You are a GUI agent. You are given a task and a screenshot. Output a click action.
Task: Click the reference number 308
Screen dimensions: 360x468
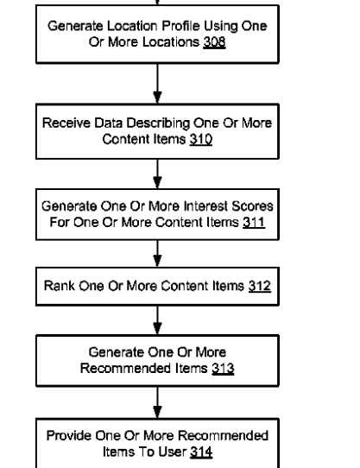tap(214, 42)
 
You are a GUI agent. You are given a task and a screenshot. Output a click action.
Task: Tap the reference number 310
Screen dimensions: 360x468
tap(201, 139)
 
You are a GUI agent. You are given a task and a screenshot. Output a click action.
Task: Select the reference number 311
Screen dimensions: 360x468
tap(254, 223)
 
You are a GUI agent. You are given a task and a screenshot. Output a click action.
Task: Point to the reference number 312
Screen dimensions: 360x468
tap(260, 286)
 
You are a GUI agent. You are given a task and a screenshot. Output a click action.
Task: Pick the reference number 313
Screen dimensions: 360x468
tap(223, 369)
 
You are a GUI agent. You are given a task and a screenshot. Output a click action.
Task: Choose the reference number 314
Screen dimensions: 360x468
tap(201, 452)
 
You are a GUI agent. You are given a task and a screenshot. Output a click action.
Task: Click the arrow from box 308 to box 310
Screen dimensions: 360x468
tap(158, 84)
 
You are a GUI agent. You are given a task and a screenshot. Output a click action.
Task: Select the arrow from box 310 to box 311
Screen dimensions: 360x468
tap(158, 174)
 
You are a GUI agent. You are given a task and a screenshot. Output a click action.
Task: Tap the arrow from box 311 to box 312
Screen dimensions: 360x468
tap(158, 253)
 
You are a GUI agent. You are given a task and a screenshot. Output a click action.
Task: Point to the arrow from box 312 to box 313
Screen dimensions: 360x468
tap(158, 320)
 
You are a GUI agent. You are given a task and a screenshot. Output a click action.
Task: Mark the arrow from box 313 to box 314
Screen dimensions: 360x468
tap(158, 402)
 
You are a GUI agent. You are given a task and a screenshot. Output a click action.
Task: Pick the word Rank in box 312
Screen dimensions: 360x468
tap(60, 286)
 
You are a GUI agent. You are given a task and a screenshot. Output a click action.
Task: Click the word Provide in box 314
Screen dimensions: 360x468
tap(68, 436)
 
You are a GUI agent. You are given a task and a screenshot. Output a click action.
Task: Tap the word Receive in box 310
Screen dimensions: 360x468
tap(66, 123)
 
